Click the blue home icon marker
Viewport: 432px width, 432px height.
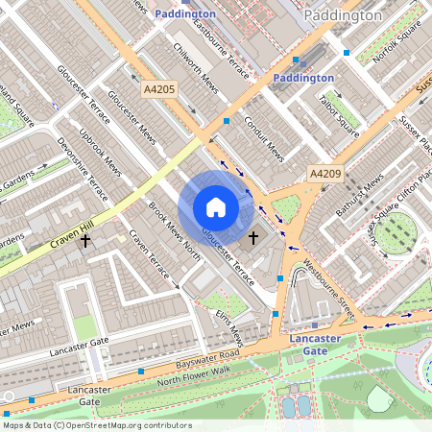tap(216, 207)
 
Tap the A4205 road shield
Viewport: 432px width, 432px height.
tap(159, 89)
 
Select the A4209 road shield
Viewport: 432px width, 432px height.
tap(324, 174)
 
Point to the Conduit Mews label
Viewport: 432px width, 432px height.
tap(263, 136)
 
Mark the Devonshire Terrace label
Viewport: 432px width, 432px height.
tap(82, 178)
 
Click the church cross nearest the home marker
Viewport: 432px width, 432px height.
tap(253, 236)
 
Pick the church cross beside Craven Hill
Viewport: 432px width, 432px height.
tap(85, 239)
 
